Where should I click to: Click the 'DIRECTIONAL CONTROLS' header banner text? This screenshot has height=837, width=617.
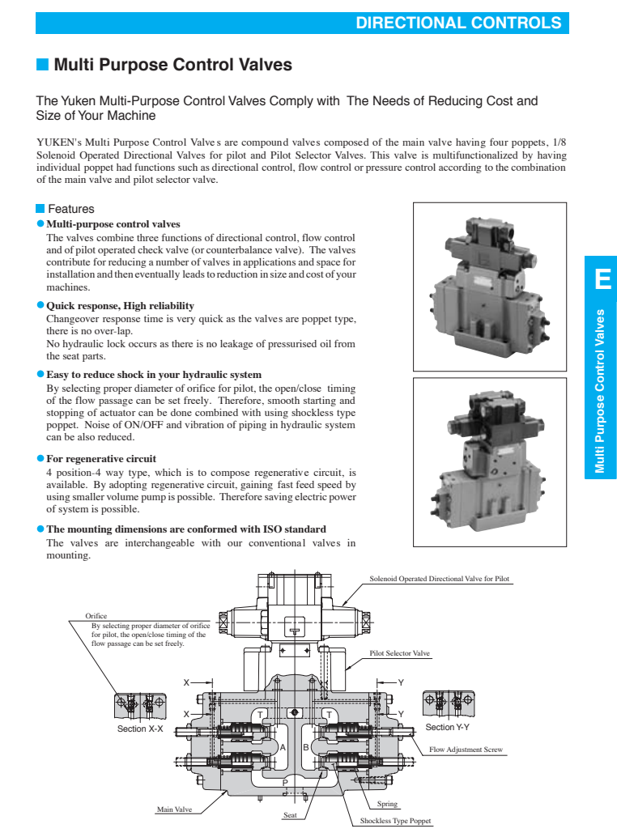pyautogui.click(x=458, y=23)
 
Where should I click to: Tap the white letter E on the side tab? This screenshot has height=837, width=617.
pyautogui.click(x=602, y=280)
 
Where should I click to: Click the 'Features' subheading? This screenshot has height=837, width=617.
pyautogui.click(x=70, y=209)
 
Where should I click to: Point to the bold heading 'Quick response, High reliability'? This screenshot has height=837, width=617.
pyautogui.click(x=120, y=305)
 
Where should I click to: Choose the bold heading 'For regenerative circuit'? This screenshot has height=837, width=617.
pyautogui.click(x=101, y=458)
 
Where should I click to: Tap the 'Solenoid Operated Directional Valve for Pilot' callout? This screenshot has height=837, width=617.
pyautogui.click(x=439, y=579)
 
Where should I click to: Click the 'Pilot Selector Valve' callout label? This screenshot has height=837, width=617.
pyautogui.click(x=399, y=652)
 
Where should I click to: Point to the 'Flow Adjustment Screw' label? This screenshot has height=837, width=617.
pyautogui.click(x=466, y=750)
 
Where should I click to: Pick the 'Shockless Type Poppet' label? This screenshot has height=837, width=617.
pyautogui.click(x=396, y=821)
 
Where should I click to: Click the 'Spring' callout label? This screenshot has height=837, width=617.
pyautogui.click(x=387, y=804)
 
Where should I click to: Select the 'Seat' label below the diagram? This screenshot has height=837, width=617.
pyautogui.click(x=291, y=814)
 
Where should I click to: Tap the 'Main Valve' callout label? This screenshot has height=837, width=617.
pyautogui.click(x=174, y=809)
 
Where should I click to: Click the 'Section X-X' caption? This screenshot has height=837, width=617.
pyautogui.click(x=140, y=729)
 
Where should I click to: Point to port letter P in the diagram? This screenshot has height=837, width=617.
pyautogui.click(x=285, y=782)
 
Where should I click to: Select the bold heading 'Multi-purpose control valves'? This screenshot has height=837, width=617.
pyautogui.click(x=113, y=223)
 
